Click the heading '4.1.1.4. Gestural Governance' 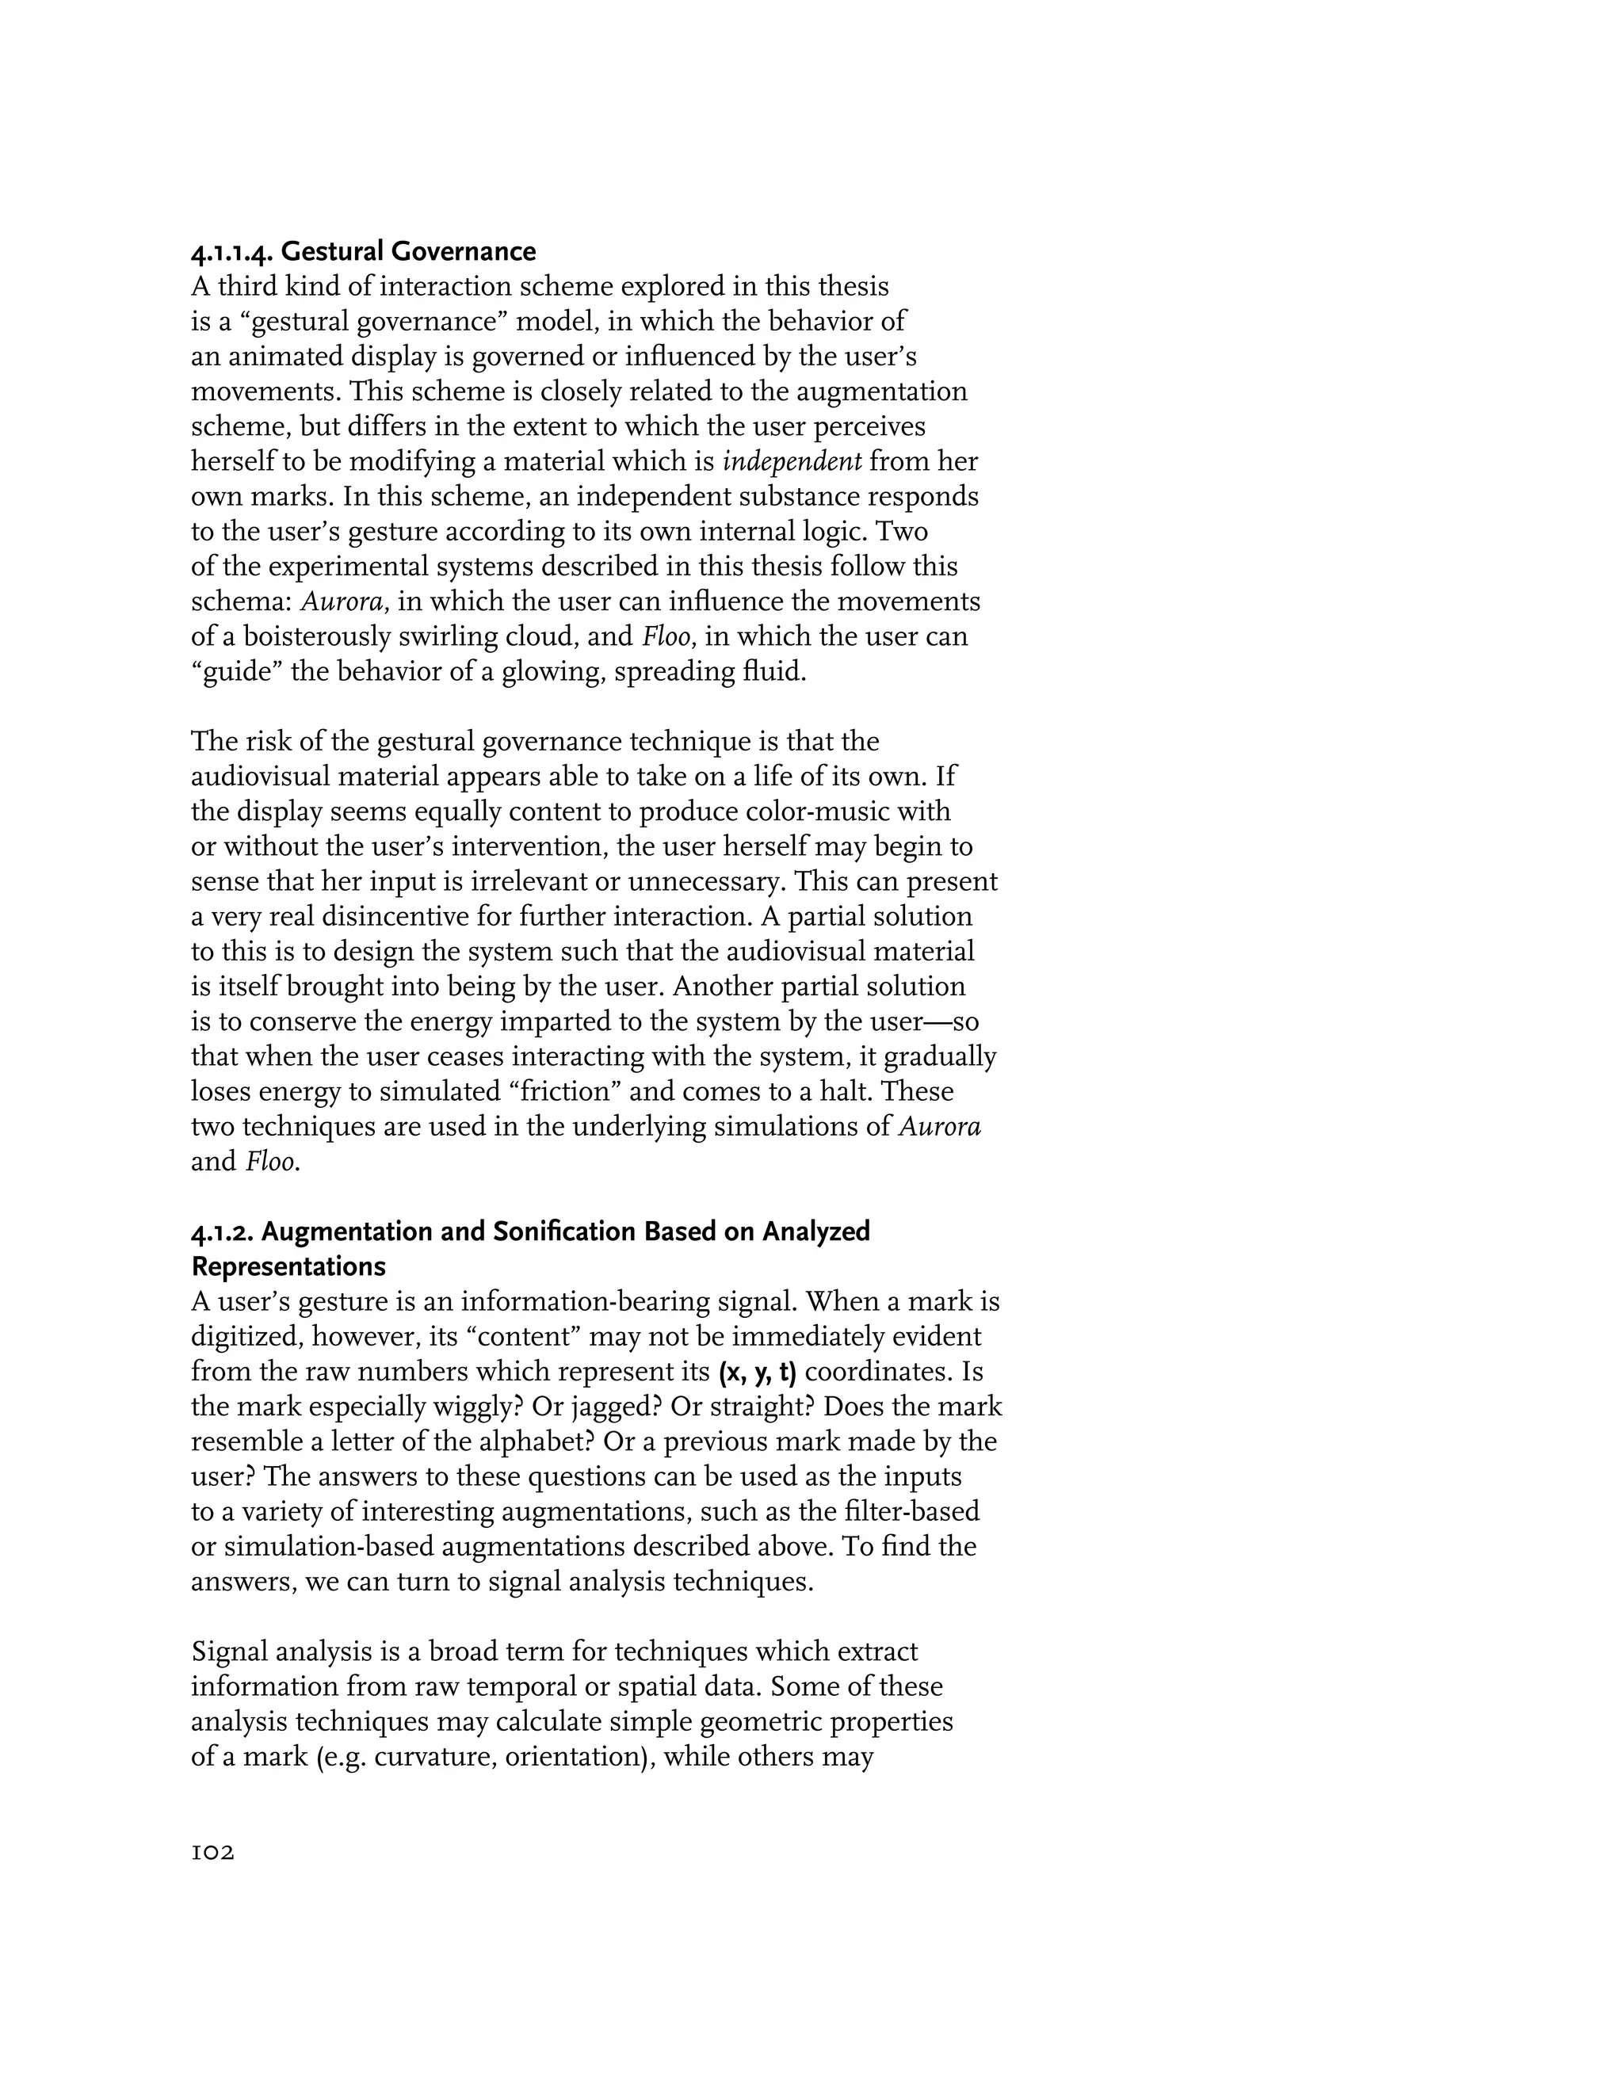pos(364,252)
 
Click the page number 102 pos(212,1853)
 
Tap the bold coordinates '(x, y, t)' pos(758,1372)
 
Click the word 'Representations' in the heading pos(288,1266)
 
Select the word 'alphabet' pos(528,1442)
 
